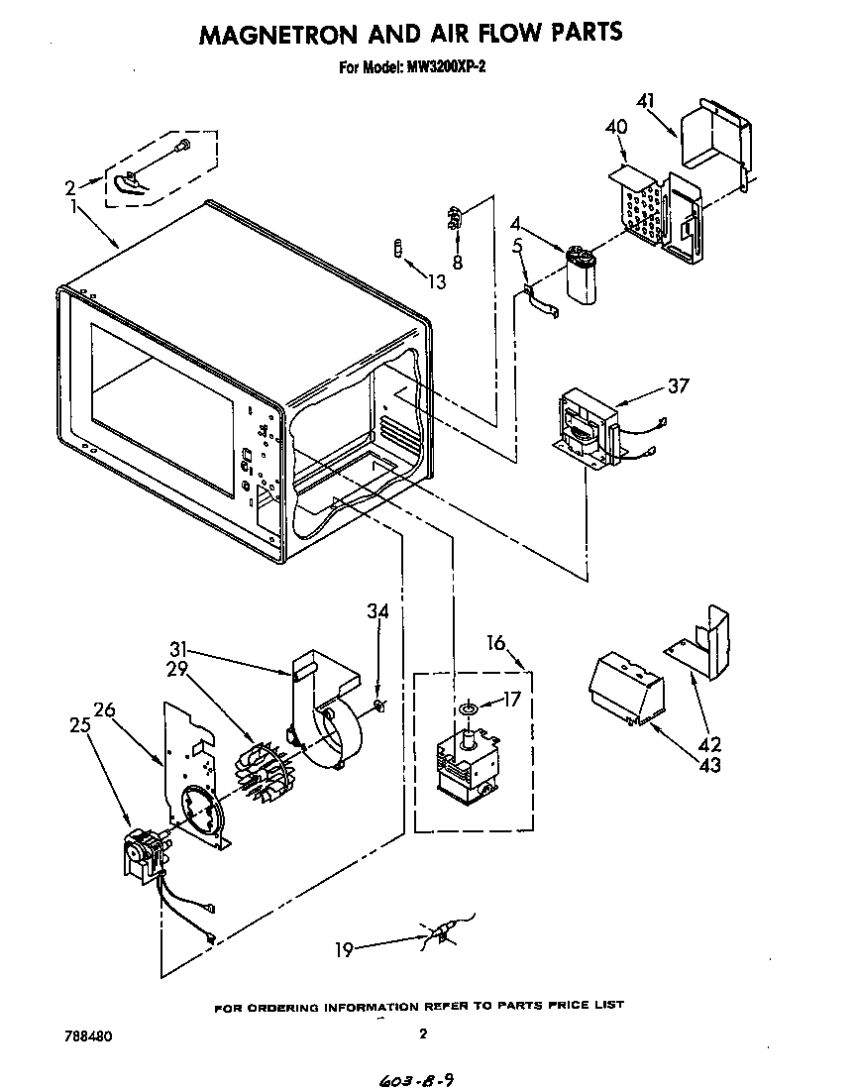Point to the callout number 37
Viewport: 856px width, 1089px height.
677,385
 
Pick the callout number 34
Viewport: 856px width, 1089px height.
377,611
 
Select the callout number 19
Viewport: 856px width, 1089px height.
343,949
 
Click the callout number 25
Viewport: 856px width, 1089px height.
80,724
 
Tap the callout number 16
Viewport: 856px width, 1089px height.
495,644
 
